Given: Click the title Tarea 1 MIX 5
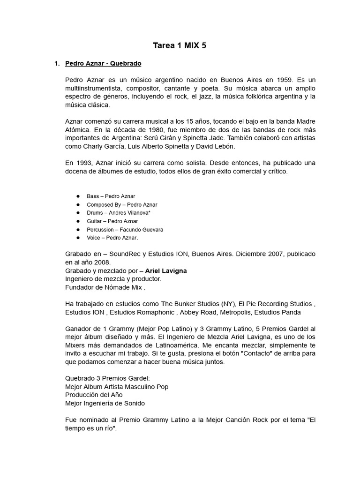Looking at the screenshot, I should (180, 45).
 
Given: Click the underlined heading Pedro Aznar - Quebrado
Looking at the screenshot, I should (103, 63).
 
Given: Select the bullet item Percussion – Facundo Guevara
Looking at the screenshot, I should (125, 230).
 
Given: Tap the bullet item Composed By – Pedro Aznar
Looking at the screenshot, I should (122, 205).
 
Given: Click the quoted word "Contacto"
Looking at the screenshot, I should (256, 354).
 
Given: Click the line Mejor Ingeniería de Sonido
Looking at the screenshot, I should (105, 403).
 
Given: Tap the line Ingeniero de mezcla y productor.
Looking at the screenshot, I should (113, 279).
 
